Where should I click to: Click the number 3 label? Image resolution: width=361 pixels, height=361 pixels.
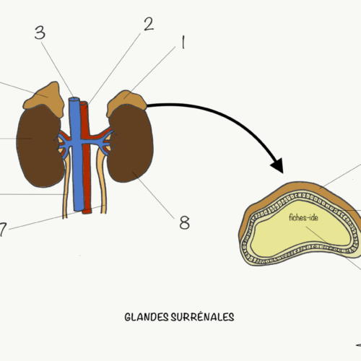point(40,32)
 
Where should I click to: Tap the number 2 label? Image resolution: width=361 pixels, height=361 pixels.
point(149,24)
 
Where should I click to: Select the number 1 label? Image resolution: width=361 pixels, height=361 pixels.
point(183,42)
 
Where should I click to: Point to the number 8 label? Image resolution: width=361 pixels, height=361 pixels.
point(185,222)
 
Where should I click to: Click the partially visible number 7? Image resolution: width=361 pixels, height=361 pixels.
point(2,230)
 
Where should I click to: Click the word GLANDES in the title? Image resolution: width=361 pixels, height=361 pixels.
point(147,317)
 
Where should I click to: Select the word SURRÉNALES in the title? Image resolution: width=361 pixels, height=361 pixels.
point(202,316)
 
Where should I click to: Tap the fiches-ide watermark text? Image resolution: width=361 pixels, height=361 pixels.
point(303,217)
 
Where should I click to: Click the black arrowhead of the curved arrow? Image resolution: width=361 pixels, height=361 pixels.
point(277,165)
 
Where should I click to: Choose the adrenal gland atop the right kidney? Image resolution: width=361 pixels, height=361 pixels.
point(126,103)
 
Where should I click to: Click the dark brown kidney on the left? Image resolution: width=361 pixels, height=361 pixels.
point(39,146)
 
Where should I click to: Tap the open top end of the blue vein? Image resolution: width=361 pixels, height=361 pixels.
point(74,99)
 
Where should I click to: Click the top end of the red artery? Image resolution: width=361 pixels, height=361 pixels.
point(84,103)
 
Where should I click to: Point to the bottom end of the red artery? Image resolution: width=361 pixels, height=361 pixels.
point(87,212)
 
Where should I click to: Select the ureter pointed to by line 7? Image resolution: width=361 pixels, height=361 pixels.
point(102,179)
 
